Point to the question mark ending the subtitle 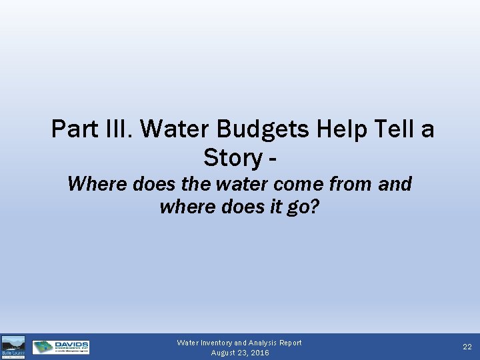click(x=315, y=207)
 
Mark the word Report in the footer click(x=290, y=343)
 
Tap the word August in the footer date click(x=224, y=353)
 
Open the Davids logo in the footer click(x=61, y=347)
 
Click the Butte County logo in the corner click(x=13, y=347)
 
